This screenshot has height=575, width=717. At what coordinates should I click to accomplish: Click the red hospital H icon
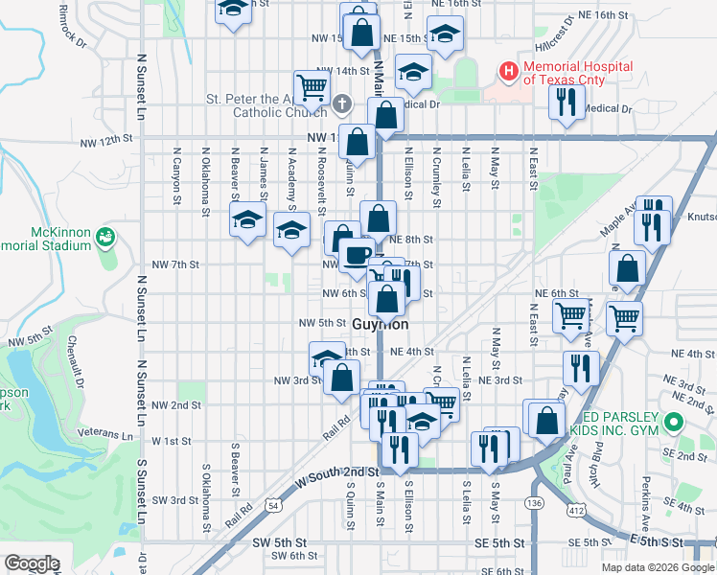[x=507, y=71]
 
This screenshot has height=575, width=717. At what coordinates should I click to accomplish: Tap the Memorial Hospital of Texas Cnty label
[x=577, y=73]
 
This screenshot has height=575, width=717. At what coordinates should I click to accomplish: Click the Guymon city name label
[x=381, y=324]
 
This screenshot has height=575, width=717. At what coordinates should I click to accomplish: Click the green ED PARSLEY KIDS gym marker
[x=673, y=422]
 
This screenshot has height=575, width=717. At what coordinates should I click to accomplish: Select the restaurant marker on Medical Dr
[x=567, y=101]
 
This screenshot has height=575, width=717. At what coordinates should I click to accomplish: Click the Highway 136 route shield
[x=534, y=502]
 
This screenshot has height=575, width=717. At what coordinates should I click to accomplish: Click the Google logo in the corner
[x=33, y=563]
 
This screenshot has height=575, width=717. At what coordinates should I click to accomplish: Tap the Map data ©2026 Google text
[x=657, y=567]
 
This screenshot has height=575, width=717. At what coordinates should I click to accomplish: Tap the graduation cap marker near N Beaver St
[x=247, y=220]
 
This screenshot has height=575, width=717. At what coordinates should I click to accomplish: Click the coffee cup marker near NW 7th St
[x=357, y=255]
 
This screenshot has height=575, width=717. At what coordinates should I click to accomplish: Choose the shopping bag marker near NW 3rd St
[x=341, y=377]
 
